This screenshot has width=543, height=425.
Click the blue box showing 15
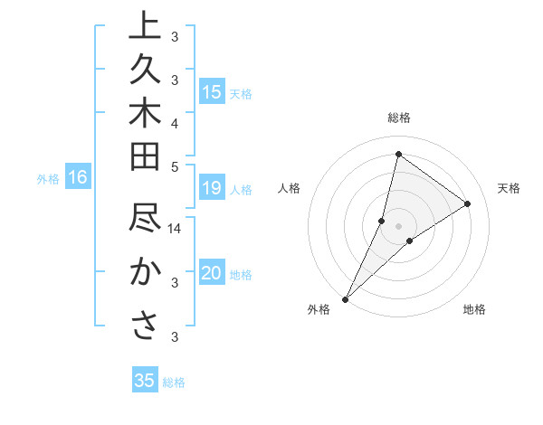[212, 92]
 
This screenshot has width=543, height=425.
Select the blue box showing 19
[212, 188]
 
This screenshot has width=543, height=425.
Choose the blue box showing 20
[212, 274]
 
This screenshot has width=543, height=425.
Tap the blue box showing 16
[78, 178]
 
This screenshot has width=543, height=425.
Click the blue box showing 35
[144, 381]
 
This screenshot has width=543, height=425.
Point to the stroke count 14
[176, 229]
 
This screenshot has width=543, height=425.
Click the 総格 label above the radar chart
[398, 118]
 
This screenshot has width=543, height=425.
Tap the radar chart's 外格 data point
[345, 298]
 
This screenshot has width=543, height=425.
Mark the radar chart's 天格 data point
[468, 203]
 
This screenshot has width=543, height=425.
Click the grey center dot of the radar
[398, 226]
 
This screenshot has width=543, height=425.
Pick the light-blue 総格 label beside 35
[174, 382]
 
